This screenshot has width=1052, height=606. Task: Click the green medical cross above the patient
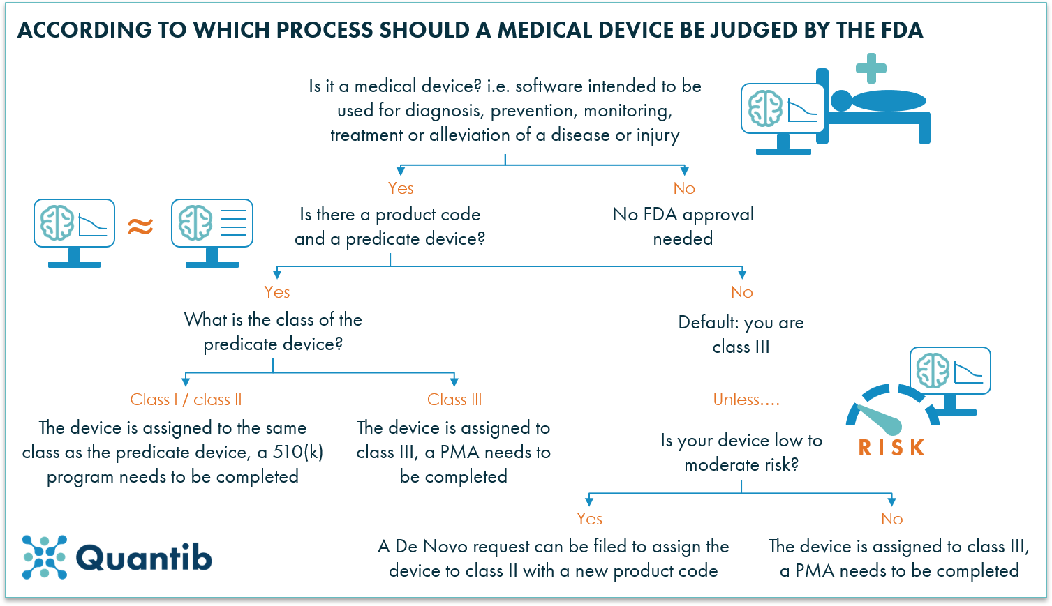pyautogui.click(x=871, y=68)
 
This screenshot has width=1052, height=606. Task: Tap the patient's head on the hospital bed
pyautogui.click(x=840, y=101)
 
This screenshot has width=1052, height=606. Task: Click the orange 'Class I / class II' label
pyautogui.click(x=186, y=400)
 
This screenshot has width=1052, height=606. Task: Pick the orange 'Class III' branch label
pyautogui.click(x=454, y=400)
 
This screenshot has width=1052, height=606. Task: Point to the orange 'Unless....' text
pyautogui.click(x=746, y=400)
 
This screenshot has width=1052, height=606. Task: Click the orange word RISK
pyautogui.click(x=891, y=448)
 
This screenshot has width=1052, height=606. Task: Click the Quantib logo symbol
pyautogui.click(x=45, y=557)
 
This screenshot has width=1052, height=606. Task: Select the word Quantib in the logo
pyautogui.click(x=144, y=558)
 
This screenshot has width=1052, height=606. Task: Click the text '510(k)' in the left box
pyautogui.click(x=298, y=452)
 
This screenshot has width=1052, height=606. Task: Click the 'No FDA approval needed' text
pyautogui.click(x=683, y=226)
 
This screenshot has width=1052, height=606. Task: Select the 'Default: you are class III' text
pyautogui.click(x=741, y=335)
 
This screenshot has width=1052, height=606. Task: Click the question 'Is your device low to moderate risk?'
pyautogui.click(x=741, y=453)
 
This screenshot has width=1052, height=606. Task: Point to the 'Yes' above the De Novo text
pyautogui.click(x=589, y=519)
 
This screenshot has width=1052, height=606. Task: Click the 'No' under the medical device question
pyautogui.click(x=684, y=188)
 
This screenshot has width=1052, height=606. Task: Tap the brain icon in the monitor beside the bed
pyautogui.click(x=765, y=109)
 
